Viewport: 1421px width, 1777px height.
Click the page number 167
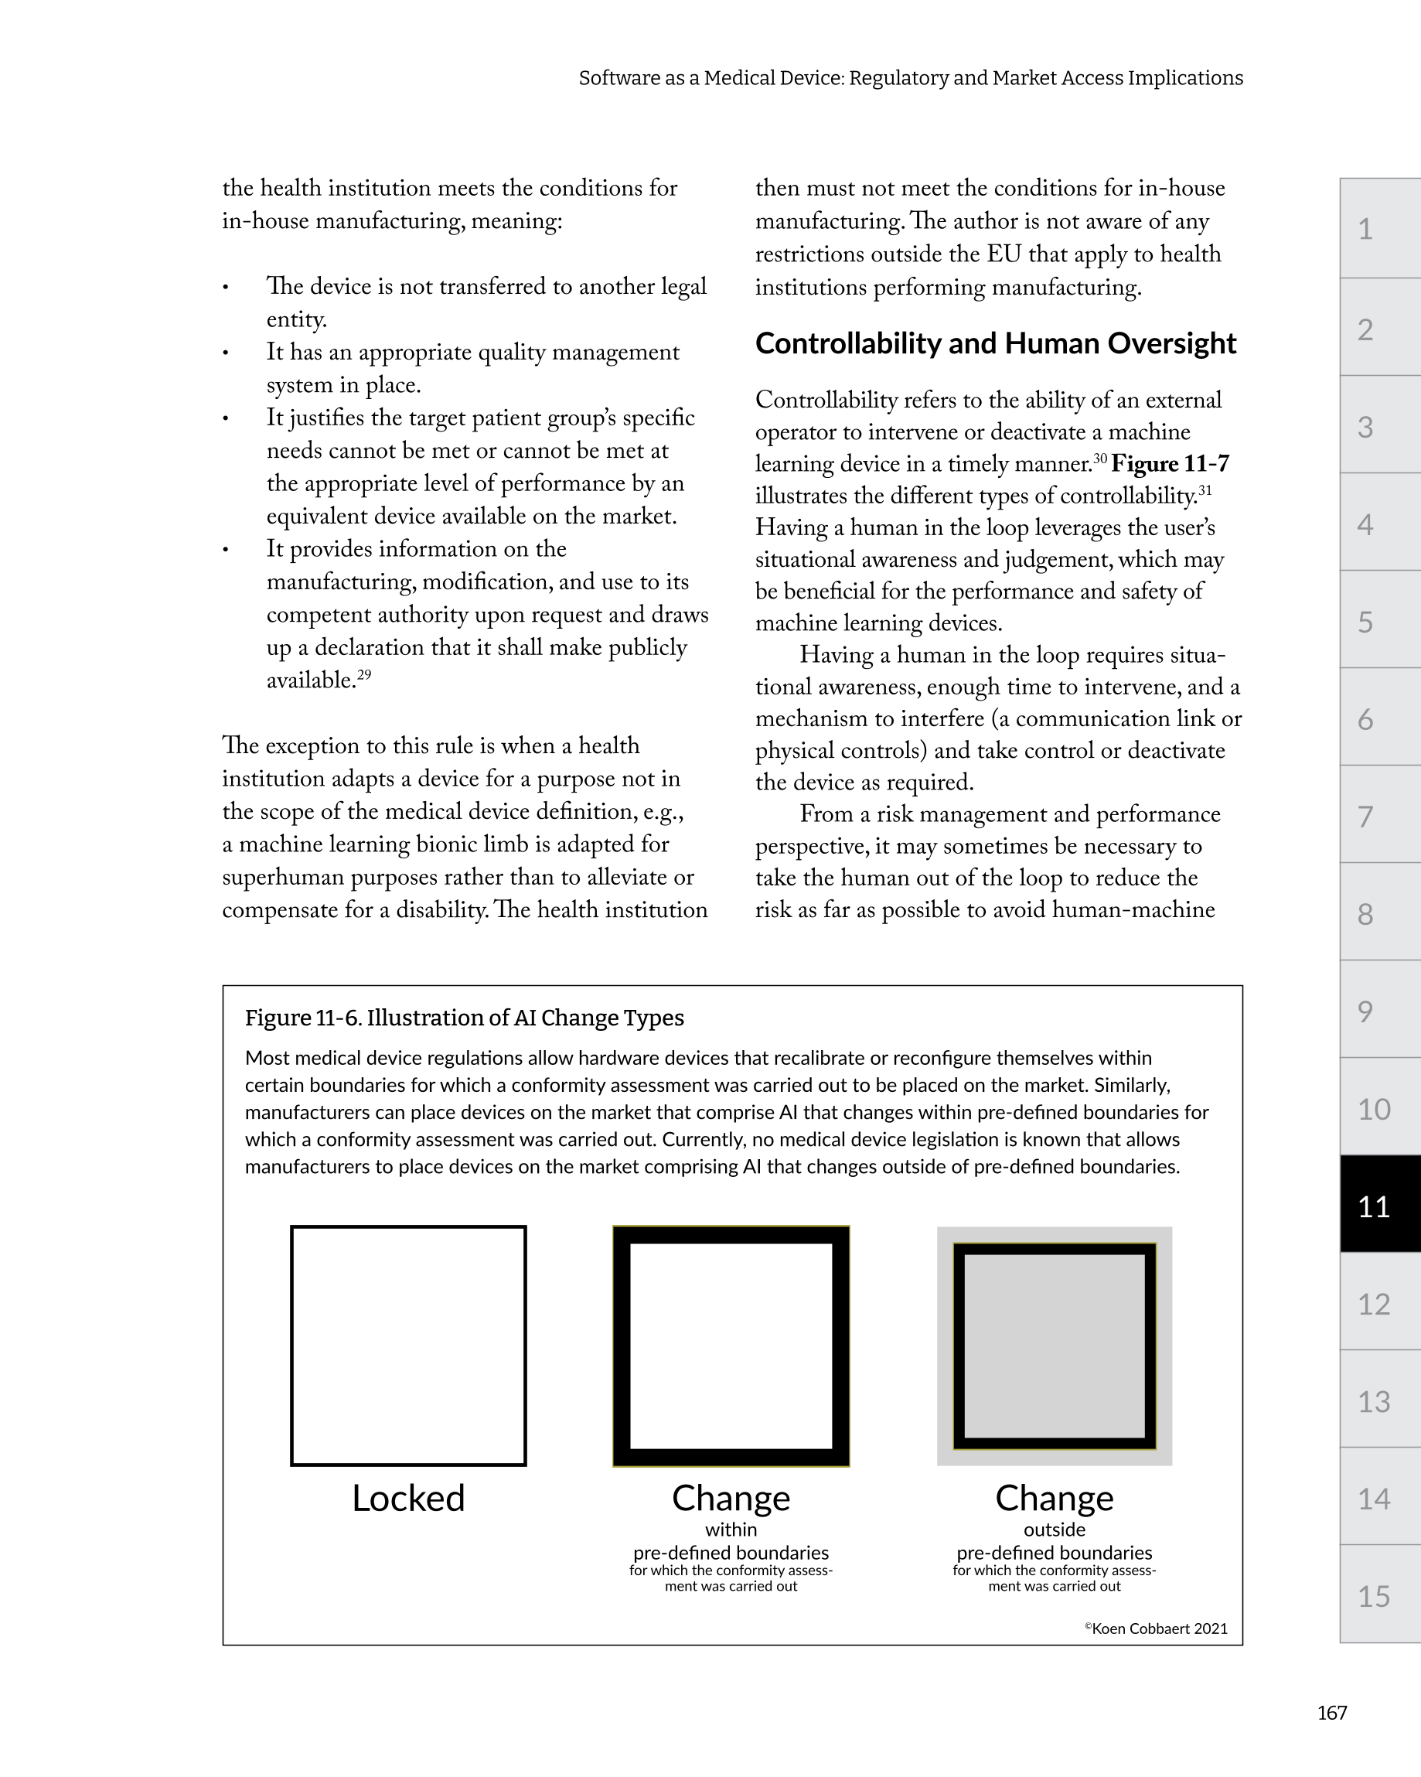(1331, 1713)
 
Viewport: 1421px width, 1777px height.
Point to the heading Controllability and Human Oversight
(995, 343)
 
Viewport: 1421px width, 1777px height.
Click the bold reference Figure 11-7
(1170, 464)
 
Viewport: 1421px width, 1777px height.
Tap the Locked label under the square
(408, 1498)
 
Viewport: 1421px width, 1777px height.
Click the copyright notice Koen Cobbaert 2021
(1156, 1629)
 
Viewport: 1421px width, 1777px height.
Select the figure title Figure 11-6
(464, 1018)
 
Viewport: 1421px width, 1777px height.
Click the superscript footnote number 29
(363, 675)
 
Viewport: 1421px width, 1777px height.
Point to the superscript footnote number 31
(1205, 491)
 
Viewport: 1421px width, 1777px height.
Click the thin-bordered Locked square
(408, 1346)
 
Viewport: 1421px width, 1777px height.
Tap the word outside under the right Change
(1055, 1530)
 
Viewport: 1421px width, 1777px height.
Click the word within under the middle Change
(731, 1530)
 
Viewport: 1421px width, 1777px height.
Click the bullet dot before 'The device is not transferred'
(225, 288)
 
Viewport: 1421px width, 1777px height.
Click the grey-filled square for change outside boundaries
(1055, 1346)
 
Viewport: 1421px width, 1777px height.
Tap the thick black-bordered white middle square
(731, 1346)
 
